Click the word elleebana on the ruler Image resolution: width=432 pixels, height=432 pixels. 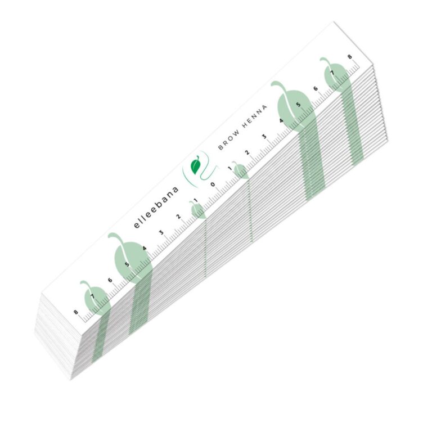156,208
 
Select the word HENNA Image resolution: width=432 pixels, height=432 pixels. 255,116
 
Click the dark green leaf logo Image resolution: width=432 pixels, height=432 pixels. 196,164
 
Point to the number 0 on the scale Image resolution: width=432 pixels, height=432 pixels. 213,184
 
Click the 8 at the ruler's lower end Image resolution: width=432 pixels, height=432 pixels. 76,312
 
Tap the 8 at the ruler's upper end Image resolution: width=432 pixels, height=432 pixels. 350,57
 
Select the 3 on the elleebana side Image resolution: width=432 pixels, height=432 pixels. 161,232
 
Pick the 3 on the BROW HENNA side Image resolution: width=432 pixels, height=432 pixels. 264,136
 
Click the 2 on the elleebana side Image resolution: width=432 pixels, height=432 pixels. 178,217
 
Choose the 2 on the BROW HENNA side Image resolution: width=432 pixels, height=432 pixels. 247,152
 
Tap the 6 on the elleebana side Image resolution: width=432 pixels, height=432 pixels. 110,280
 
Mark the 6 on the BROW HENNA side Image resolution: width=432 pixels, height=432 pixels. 316,88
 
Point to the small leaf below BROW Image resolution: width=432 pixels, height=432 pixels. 240,170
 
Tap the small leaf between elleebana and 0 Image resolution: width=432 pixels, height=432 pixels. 197,209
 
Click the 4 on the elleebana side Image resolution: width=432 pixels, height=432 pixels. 145,248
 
